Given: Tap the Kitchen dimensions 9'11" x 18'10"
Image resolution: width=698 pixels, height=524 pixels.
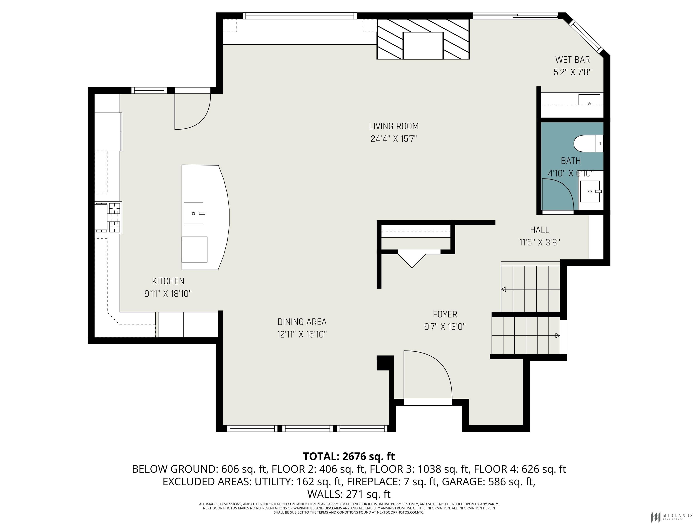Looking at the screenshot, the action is [168, 294].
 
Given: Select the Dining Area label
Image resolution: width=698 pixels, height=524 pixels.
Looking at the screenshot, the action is [302, 322].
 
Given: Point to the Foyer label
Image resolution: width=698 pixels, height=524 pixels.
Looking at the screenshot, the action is [445, 314].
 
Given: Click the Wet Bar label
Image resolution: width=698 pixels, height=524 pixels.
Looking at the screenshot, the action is [572, 60].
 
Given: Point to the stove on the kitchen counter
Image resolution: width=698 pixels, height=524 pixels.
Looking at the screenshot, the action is [108, 218].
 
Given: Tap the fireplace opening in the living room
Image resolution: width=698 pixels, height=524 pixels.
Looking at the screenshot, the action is [423, 45].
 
